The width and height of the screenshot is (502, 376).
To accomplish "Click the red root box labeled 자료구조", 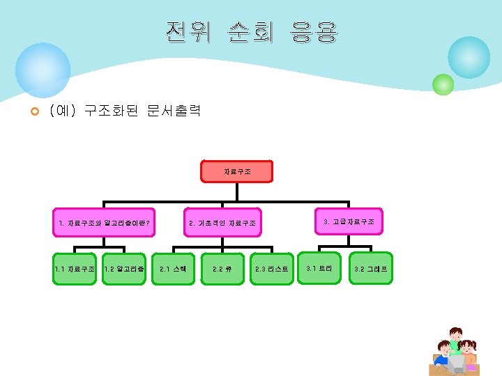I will [x=237, y=171].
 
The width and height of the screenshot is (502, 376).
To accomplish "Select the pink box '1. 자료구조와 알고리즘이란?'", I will [x=105, y=224].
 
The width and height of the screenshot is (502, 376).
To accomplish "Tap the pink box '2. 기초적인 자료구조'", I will [x=222, y=224].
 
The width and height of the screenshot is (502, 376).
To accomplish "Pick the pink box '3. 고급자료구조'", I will [x=349, y=221].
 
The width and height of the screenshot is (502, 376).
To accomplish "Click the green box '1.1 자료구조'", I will [x=75, y=268].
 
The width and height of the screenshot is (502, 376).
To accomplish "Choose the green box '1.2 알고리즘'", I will [x=123, y=268].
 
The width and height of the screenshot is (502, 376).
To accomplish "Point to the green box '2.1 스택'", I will [x=173, y=268].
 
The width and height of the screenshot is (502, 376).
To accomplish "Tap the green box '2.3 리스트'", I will [x=271, y=268].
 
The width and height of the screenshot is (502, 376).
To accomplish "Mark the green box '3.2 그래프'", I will [x=371, y=268].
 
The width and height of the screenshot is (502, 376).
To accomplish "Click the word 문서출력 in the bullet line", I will [x=174, y=111].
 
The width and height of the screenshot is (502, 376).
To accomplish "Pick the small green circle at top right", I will [x=443, y=84].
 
